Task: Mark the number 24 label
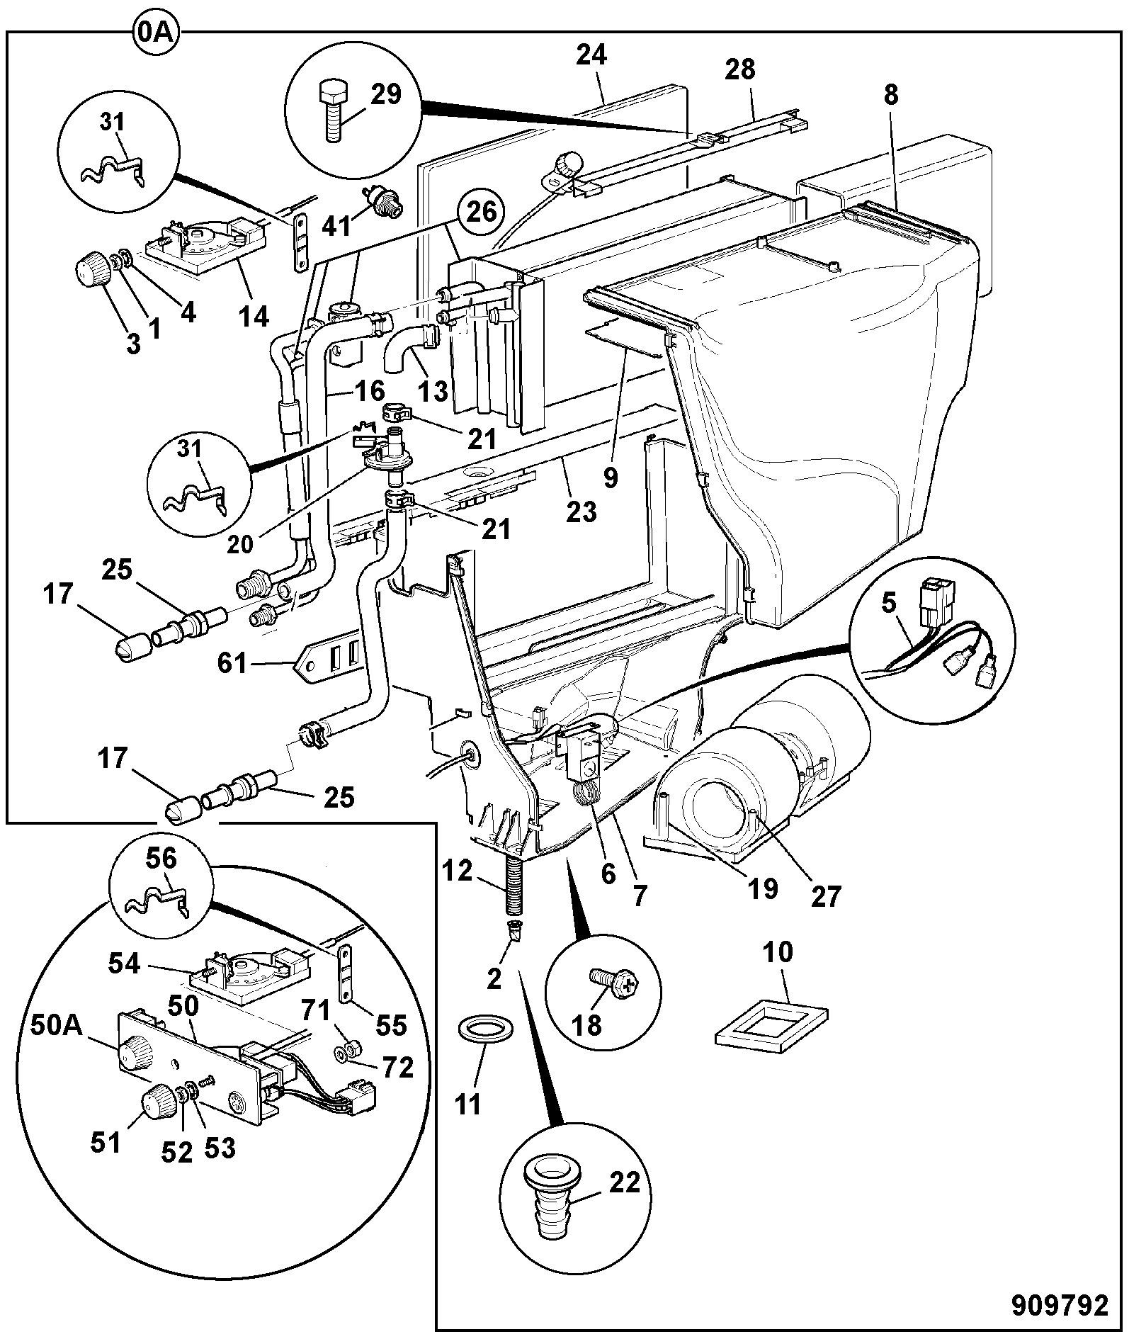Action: [x=591, y=55]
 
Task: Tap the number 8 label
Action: [x=890, y=96]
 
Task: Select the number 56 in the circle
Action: [x=162, y=860]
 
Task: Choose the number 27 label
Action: [x=825, y=896]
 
